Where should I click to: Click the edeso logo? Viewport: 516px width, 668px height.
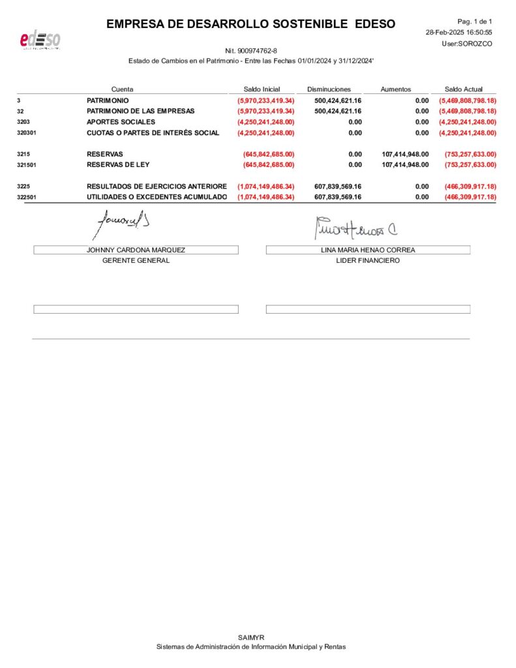40,40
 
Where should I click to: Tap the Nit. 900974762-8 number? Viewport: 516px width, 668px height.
251,50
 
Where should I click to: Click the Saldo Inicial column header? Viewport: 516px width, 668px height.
262,89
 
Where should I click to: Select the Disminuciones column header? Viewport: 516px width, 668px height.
329,89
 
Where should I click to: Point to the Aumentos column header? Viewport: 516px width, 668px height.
396,89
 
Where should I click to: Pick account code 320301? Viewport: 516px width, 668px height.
26,132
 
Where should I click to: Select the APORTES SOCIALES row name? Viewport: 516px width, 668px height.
121,122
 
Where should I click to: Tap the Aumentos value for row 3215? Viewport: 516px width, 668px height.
405,154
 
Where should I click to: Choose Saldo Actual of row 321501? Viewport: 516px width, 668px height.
470,164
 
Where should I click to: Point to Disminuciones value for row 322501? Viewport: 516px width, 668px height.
338,197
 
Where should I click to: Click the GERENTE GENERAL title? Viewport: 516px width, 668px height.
136,260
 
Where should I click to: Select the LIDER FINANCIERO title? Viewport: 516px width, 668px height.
368,260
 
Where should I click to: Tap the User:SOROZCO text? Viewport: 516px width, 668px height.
466,43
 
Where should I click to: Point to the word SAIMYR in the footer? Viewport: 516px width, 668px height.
251,637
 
